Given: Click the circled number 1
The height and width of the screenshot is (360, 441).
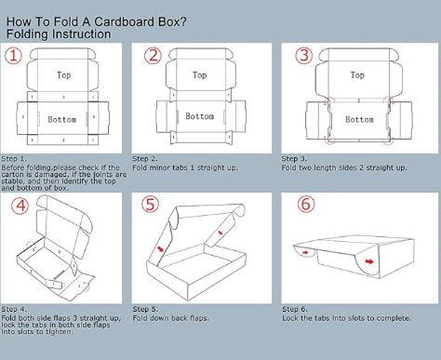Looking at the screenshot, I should point(12,55).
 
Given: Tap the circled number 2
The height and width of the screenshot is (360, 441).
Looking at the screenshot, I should point(153,55).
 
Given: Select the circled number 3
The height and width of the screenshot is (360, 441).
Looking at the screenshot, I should point(303,55).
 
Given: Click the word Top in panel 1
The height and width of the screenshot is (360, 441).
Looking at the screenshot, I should point(63,74).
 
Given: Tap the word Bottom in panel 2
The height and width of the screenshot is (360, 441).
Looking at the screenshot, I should point(200,117).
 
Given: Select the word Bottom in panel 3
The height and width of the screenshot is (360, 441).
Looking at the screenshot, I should point(359,119).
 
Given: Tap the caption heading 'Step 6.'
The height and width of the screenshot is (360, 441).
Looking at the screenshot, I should point(294,308).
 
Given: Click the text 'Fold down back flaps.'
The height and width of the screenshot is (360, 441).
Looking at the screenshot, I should point(170,317).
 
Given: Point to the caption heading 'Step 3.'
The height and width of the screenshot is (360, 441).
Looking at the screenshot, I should point(294,159).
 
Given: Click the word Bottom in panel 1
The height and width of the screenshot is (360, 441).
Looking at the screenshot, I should point(62,120).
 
